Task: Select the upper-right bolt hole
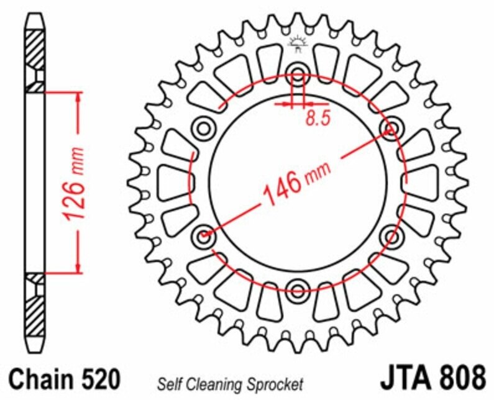pyautogui.click(x=392, y=128)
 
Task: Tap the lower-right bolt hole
pyautogui.click(x=392, y=235)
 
